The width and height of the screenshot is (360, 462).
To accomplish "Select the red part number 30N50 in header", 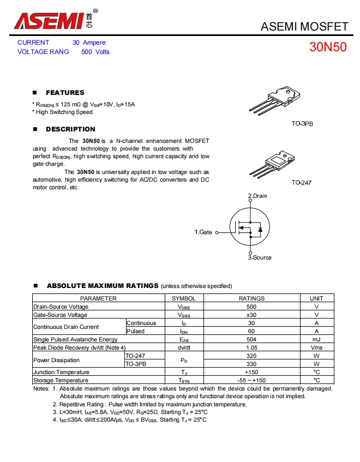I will pos(328,47).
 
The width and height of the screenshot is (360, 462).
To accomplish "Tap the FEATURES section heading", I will pos(65,93).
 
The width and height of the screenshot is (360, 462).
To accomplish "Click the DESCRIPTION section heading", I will pos(70,129).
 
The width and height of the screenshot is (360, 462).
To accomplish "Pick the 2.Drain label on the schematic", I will pos(257,196).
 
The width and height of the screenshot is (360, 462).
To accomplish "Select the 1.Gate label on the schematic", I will pos(203,232).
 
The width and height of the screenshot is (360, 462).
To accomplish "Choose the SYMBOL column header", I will pos(184,298).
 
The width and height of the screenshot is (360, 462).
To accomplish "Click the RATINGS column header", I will pos(251,298).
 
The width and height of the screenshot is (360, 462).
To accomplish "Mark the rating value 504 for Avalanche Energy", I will pos(251,339).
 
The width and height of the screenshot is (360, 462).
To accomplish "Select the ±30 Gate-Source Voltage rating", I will pos(251,315).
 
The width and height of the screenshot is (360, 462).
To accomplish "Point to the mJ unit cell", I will pos(316,339).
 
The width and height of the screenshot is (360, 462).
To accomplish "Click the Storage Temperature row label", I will pos(61,380).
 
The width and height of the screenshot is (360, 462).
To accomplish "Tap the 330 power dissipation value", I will pos(251,364).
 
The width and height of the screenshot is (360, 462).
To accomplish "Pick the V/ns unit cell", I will pos(316,347).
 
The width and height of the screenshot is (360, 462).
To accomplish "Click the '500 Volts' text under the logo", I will pos(95,52).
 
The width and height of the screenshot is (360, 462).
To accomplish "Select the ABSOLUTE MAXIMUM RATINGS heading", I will pos(103,286).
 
